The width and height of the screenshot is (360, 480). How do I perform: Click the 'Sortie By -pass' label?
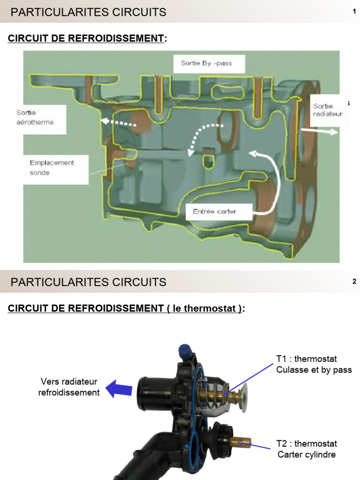tap(206, 63)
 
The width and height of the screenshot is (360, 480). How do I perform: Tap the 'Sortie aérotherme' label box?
tap(35, 118)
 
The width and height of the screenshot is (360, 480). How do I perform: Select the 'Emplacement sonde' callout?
tap(52, 168)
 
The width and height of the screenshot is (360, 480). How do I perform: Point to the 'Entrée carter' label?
tap(215, 211)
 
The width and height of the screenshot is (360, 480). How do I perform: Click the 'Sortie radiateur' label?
tap(328, 110)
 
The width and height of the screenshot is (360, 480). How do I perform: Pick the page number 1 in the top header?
tap(354, 12)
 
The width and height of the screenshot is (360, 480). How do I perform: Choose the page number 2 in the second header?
tap(354, 282)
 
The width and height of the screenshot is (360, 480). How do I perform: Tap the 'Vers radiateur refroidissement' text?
tap(69, 387)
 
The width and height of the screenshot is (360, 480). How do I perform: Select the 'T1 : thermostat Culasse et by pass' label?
tap(314, 364)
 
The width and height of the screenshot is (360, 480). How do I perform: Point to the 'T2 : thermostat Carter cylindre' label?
tap(307, 449)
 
